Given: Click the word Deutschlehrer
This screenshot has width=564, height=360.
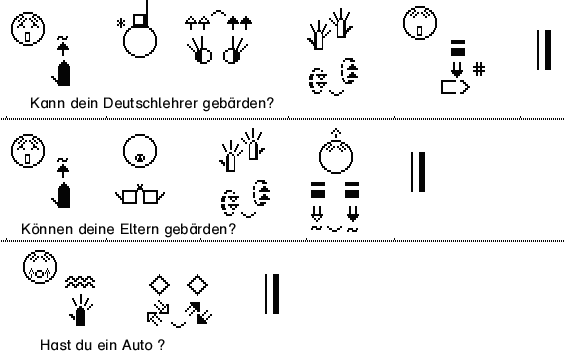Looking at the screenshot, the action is point(151,103).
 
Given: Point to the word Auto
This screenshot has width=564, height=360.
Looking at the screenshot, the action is point(137,345).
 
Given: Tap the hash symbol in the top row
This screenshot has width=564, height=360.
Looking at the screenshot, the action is point(479,69).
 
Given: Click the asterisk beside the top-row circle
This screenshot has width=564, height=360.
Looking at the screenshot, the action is point(121,23).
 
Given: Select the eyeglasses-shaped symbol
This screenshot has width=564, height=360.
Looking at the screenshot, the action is point(140,195).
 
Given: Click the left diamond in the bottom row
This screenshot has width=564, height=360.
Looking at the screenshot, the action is point(159,285).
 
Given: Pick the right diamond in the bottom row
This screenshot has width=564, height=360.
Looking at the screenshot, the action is point(197,285).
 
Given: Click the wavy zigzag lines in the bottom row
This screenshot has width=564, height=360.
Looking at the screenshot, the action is point(80,282).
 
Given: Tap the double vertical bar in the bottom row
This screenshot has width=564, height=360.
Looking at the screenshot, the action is point(272,294).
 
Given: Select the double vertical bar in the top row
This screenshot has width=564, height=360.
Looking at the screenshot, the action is point(544,50).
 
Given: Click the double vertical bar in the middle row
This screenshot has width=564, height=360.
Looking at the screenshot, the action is point(418,172).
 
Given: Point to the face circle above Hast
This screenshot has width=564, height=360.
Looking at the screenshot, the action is point(40,267).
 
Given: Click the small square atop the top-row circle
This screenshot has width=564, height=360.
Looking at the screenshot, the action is point(140,20).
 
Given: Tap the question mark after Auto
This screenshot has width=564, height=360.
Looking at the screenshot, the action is point(161,345).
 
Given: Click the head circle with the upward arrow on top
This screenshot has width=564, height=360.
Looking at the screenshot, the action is point(336,157).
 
